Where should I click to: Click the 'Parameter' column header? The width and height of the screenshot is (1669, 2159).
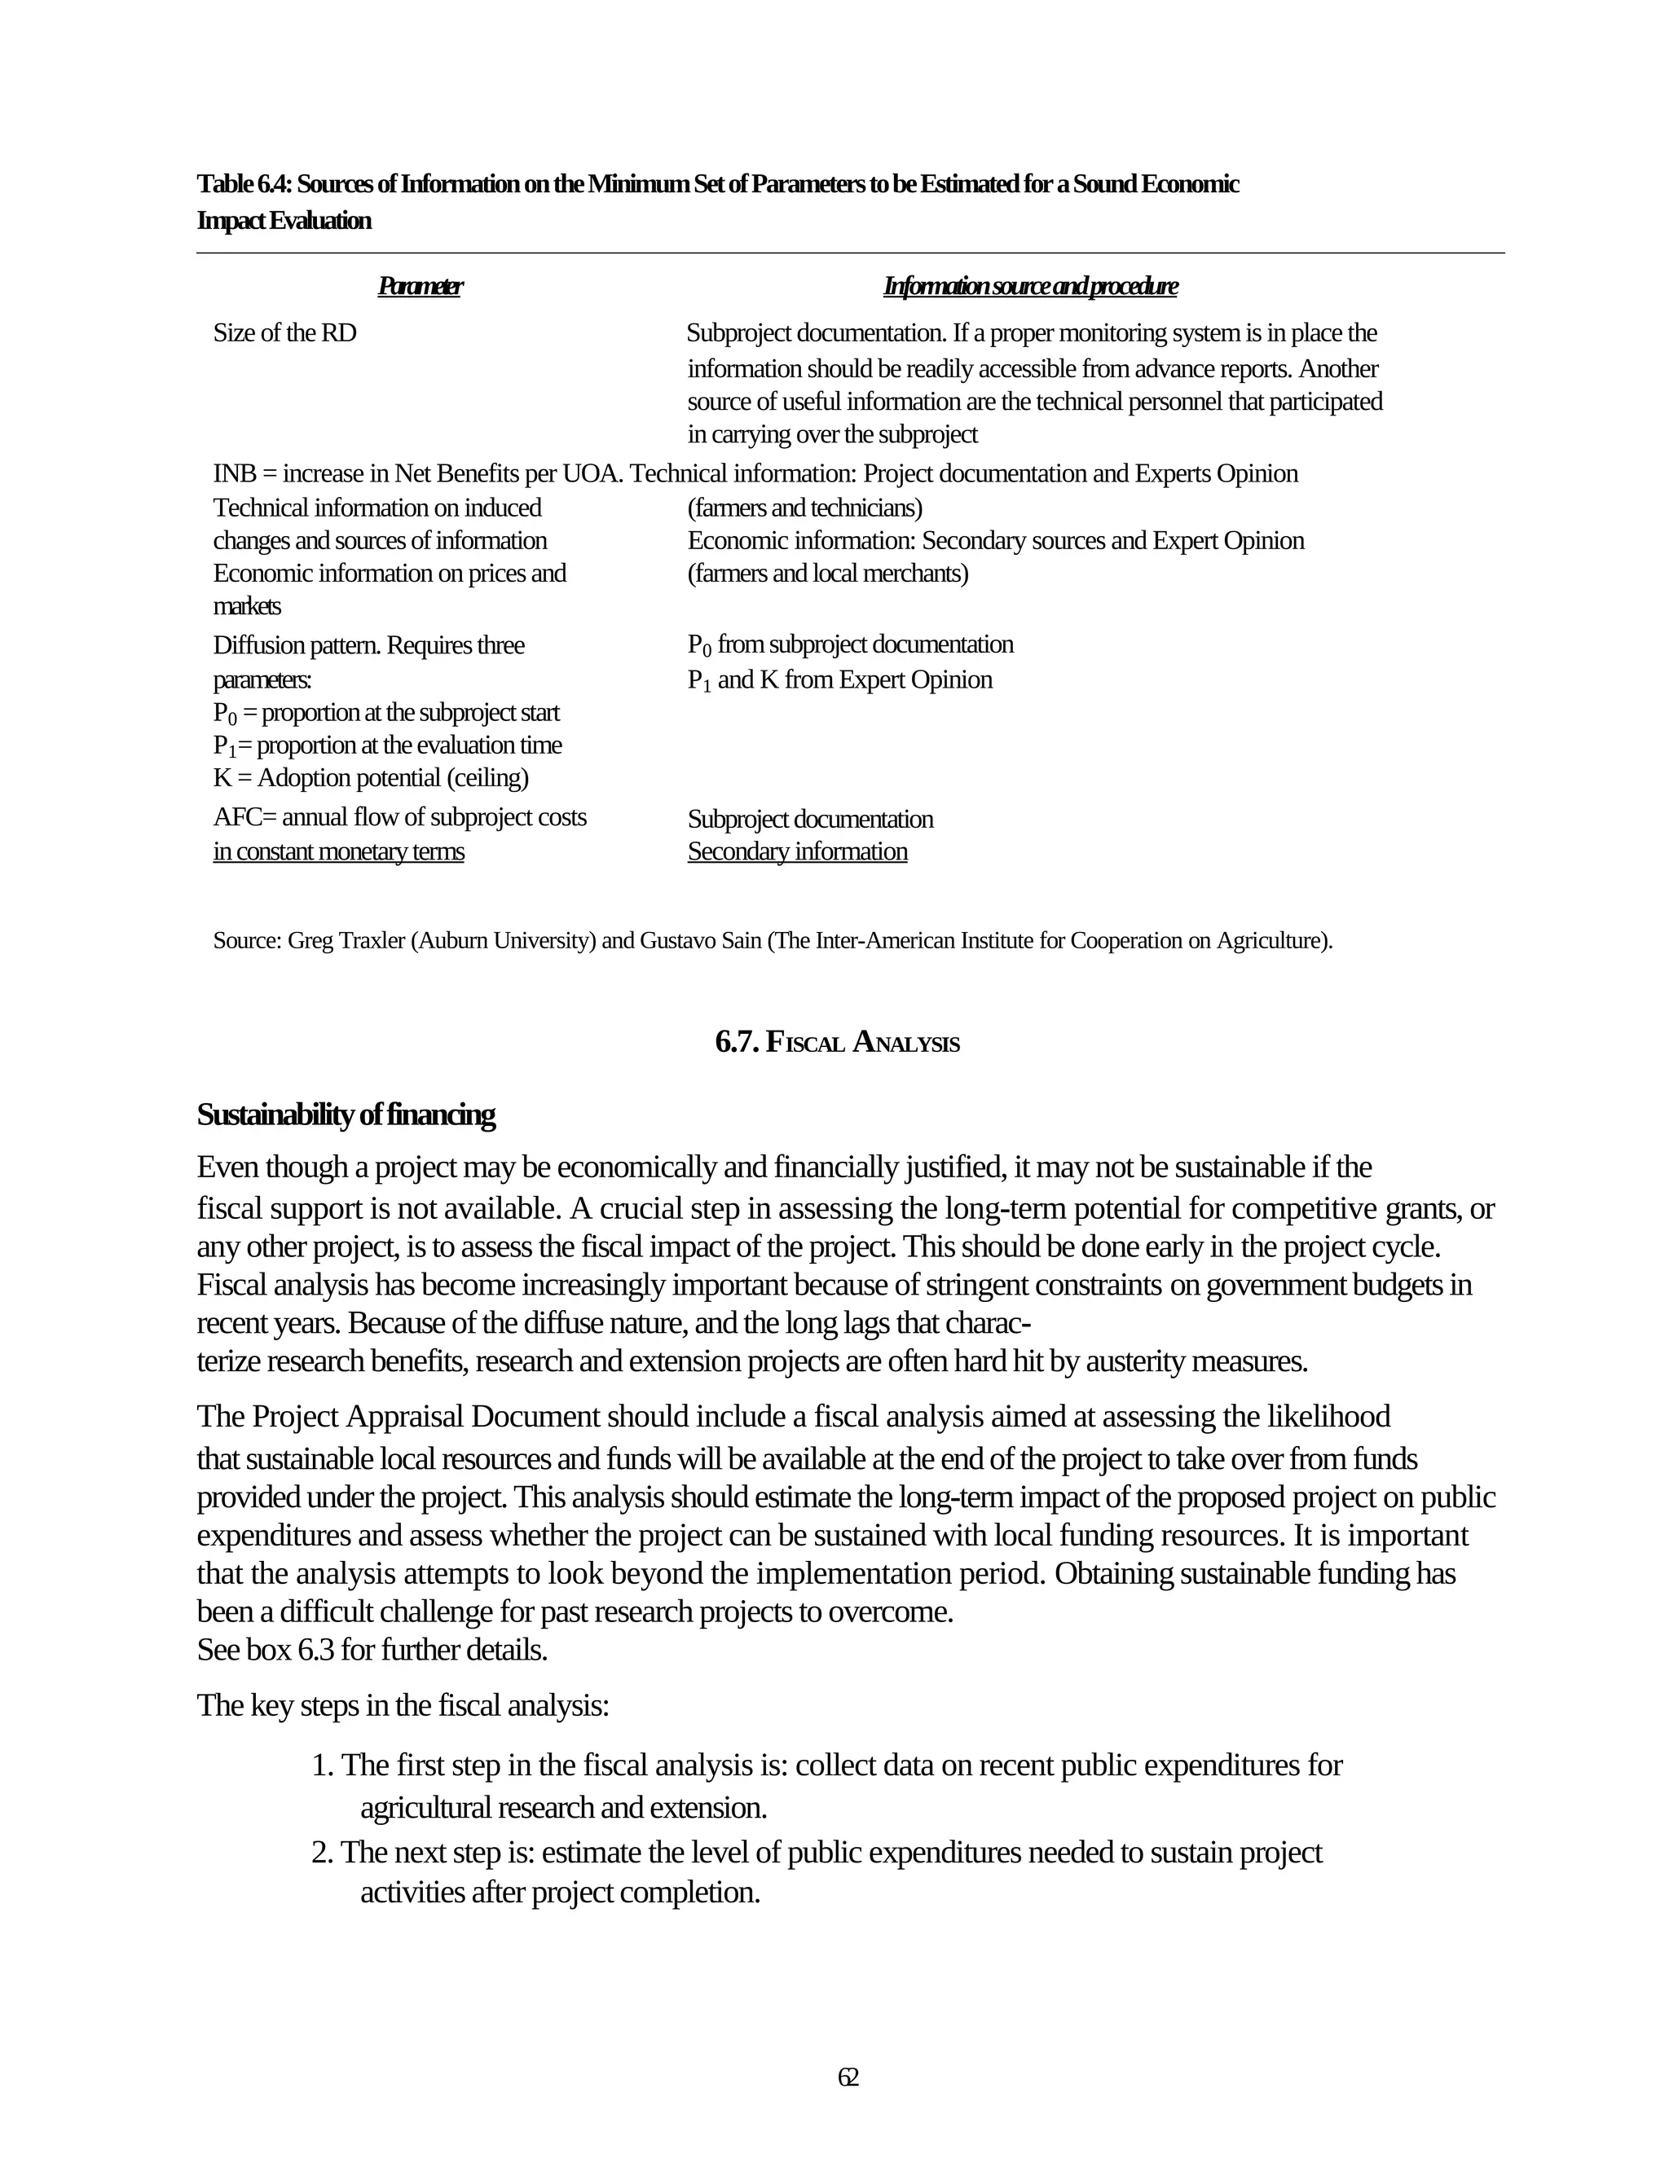421,287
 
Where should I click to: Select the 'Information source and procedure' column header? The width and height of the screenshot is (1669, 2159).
1030,287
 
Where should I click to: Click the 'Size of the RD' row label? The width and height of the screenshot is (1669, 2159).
284,333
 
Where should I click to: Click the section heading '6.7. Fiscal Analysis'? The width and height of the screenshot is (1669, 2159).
836,1042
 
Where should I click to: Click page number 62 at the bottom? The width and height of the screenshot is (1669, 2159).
848,2076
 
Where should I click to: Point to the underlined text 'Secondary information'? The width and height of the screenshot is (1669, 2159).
797,851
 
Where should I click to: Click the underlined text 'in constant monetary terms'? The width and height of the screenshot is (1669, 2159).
338,851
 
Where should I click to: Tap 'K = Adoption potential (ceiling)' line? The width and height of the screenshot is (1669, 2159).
371,778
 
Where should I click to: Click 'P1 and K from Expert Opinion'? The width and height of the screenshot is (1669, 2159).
839,680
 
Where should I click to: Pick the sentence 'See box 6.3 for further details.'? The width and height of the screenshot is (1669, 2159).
372,1650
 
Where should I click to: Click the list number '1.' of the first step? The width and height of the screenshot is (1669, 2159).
323,1765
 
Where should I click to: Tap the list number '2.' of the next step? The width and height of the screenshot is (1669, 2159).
323,1852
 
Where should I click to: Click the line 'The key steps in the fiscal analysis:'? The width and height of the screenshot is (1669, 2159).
403,1705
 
